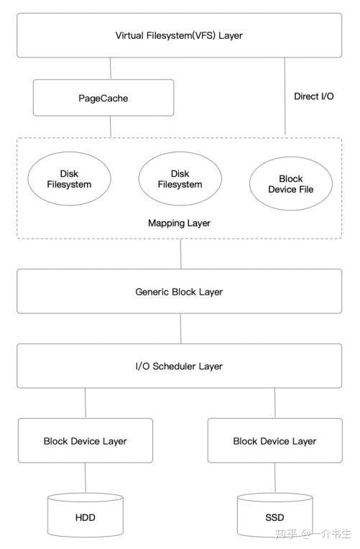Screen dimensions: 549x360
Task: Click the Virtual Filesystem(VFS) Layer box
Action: click(179, 35)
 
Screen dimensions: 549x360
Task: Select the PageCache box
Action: click(103, 97)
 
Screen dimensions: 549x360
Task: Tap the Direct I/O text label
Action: click(313, 96)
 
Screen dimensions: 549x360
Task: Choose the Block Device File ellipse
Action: click(290, 184)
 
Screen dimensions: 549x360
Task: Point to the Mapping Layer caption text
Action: click(179, 223)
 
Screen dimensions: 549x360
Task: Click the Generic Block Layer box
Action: click(179, 292)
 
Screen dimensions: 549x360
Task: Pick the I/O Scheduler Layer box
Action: click(179, 366)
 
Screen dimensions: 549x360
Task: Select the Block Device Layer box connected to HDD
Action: click(85, 440)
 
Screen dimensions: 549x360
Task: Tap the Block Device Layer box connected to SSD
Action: click(274, 440)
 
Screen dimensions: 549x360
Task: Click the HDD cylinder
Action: click(85, 515)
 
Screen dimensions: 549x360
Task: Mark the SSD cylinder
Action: click(274, 515)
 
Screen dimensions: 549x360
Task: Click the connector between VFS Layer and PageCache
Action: click(110, 68)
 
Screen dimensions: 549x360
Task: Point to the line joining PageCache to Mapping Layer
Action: click(110, 126)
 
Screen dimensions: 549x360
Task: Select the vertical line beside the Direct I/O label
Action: click(285, 97)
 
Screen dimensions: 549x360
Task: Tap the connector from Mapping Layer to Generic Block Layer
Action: click(180, 254)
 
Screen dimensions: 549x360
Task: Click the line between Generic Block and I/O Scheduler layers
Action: click(180, 328)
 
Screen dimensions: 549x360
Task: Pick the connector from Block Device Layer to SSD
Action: click(274, 477)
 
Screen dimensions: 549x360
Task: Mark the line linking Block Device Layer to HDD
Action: click(86, 477)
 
